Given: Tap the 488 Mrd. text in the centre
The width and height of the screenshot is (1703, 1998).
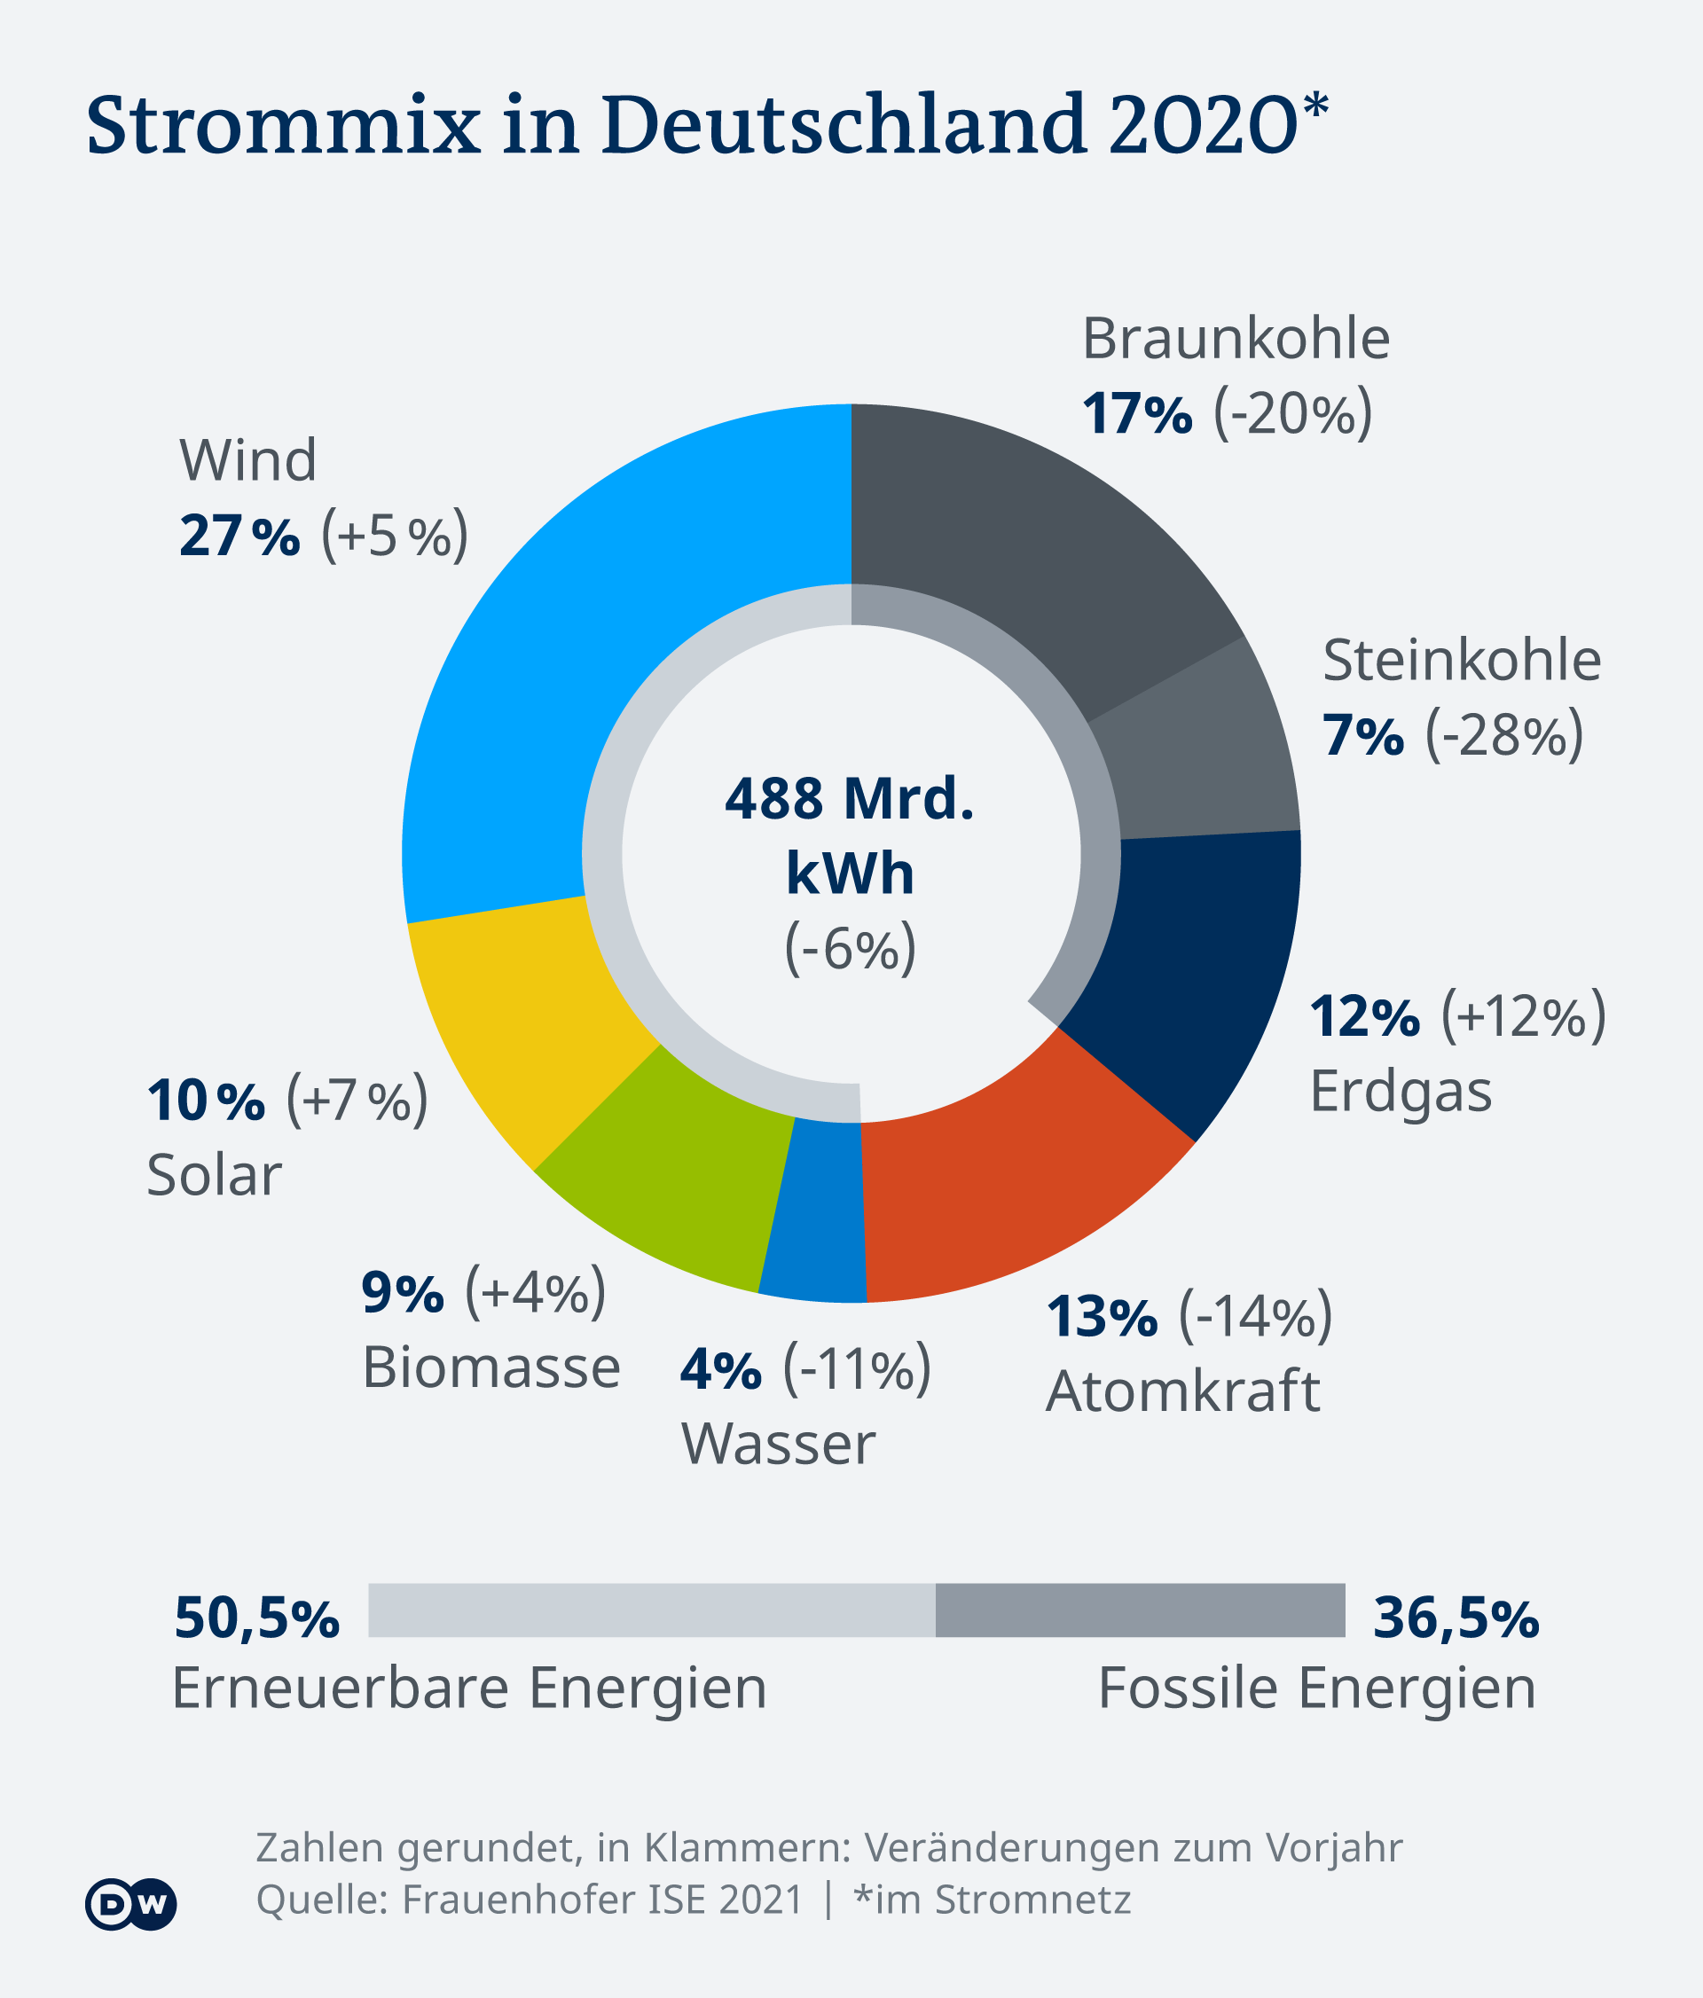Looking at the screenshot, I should tap(849, 798).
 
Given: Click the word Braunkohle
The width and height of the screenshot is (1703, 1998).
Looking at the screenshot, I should tap(1236, 339).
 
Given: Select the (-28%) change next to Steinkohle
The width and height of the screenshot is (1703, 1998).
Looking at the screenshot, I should tap(1504, 737).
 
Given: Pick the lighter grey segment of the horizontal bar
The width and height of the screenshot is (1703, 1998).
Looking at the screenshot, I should tap(651, 1610).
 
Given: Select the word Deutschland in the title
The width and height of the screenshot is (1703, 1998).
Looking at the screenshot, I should tap(844, 125).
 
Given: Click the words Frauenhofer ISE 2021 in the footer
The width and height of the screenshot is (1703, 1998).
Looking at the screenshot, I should tap(603, 1900).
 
